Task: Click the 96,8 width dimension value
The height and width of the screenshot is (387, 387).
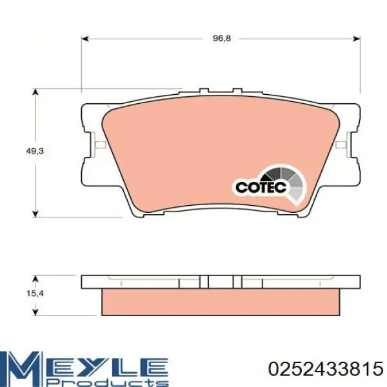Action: pos(221,39)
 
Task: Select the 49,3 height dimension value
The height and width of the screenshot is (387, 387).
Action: pos(35,151)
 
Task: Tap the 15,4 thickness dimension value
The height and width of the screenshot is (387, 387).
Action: pos(35,293)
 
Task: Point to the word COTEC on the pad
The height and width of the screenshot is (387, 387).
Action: pos(261,187)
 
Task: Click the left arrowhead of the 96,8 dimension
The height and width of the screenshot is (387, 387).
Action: pos(84,39)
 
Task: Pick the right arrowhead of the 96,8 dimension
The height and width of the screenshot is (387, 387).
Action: pos(357,39)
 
